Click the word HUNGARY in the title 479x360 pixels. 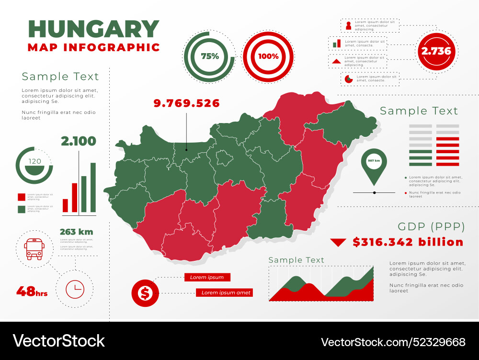(93, 29)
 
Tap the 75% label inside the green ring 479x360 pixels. (210, 56)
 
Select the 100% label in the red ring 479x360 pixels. (268, 56)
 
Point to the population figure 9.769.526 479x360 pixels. (186, 103)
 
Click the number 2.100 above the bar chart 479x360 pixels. (78, 141)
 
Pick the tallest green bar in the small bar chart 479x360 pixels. (93, 187)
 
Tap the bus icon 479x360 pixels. (34, 248)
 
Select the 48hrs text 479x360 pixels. (32, 291)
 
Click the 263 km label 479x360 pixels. (76, 232)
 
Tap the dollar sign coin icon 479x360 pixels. (145, 292)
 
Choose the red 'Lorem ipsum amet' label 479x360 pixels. (224, 292)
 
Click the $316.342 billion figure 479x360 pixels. (408, 242)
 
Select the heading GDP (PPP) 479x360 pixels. (430, 226)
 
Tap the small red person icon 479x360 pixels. (348, 25)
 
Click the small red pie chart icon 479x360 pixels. (348, 79)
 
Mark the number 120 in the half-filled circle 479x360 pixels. (35, 161)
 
